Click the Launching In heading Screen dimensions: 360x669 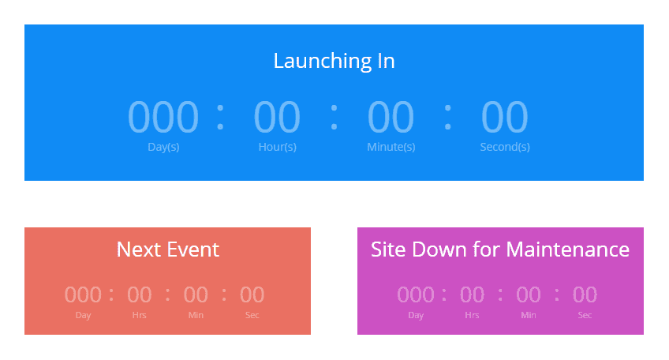pyautogui.click(x=334, y=61)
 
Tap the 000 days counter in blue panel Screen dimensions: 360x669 pyautogui.click(x=163, y=117)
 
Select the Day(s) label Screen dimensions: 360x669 pyautogui.click(x=163, y=147)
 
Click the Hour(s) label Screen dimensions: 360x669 pyautogui.click(x=277, y=147)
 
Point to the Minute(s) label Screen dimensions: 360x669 pyautogui.click(x=391, y=147)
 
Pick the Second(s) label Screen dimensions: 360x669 pyautogui.click(x=504, y=147)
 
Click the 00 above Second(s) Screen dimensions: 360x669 pyautogui.click(x=504, y=117)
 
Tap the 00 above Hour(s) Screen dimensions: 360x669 pyautogui.click(x=277, y=117)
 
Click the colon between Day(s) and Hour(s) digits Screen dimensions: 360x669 pyautogui.click(x=220, y=117)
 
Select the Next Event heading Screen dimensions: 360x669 pyautogui.click(x=167, y=249)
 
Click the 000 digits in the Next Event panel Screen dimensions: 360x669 pyautogui.click(x=83, y=295)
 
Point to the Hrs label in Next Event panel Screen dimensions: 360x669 pyautogui.click(x=140, y=316)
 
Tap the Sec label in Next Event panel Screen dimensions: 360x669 pyautogui.click(x=252, y=316)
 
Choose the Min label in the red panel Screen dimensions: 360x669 pyautogui.click(x=196, y=316)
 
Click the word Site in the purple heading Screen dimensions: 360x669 pyautogui.click(x=387, y=249)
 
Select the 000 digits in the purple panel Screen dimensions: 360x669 pyautogui.click(x=416, y=295)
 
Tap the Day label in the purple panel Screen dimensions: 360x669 pyautogui.click(x=416, y=316)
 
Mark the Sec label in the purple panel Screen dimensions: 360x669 pyautogui.click(x=585, y=316)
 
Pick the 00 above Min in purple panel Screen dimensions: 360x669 pyautogui.click(x=529, y=295)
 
